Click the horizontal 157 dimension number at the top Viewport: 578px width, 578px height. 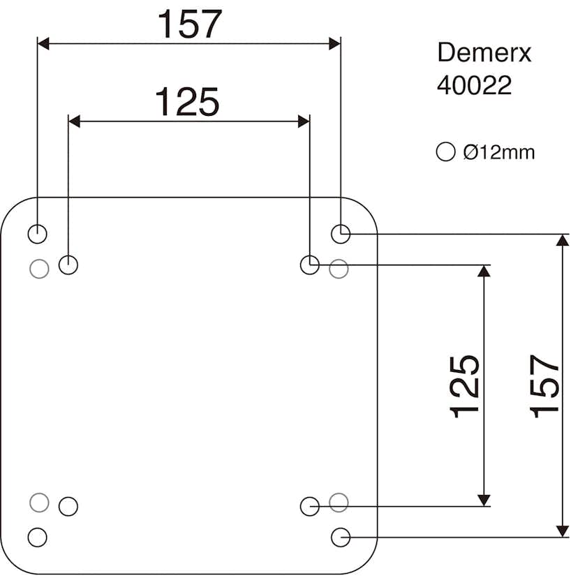pos(188,24)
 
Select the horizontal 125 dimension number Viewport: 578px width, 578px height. pos(186,102)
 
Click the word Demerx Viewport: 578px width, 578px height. pos(484,53)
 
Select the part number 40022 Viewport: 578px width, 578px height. pos(474,85)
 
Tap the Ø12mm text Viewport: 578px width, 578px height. pos(498,151)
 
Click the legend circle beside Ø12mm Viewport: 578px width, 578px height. pos(445,151)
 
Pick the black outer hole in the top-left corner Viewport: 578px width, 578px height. pos(37,234)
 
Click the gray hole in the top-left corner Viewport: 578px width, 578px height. pos(39,267)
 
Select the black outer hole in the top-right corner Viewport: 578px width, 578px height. pos(340,234)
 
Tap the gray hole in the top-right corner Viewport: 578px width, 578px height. pos(339,267)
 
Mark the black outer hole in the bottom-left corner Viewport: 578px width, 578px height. pos(37,537)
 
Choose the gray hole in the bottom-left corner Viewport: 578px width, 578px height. pos(39,501)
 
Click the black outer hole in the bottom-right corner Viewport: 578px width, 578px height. pos(340,537)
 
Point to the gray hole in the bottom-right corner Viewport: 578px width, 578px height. pos(339,501)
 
